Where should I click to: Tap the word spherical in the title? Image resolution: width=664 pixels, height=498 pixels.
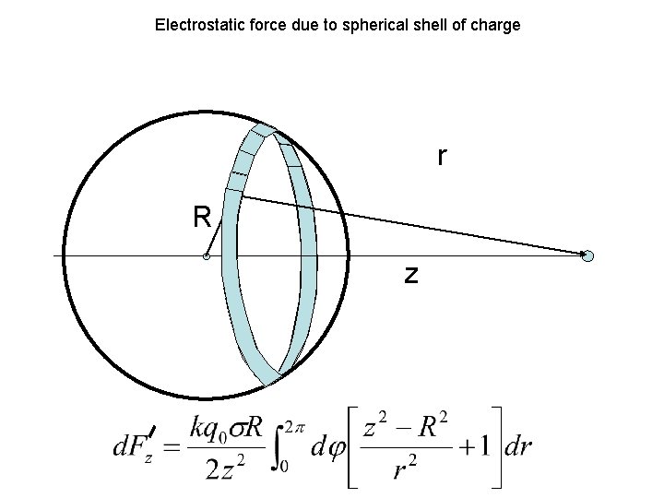tap(375, 25)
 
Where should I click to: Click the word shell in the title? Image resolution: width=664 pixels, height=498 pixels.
tap(430, 25)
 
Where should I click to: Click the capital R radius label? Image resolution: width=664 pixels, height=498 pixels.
tap(202, 218)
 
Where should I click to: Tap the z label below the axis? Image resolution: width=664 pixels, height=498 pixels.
tap(411, 274)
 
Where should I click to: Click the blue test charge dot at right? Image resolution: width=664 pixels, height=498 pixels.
tap(588, 256)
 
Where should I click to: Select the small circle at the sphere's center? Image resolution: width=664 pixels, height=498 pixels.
tap(207, 256)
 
